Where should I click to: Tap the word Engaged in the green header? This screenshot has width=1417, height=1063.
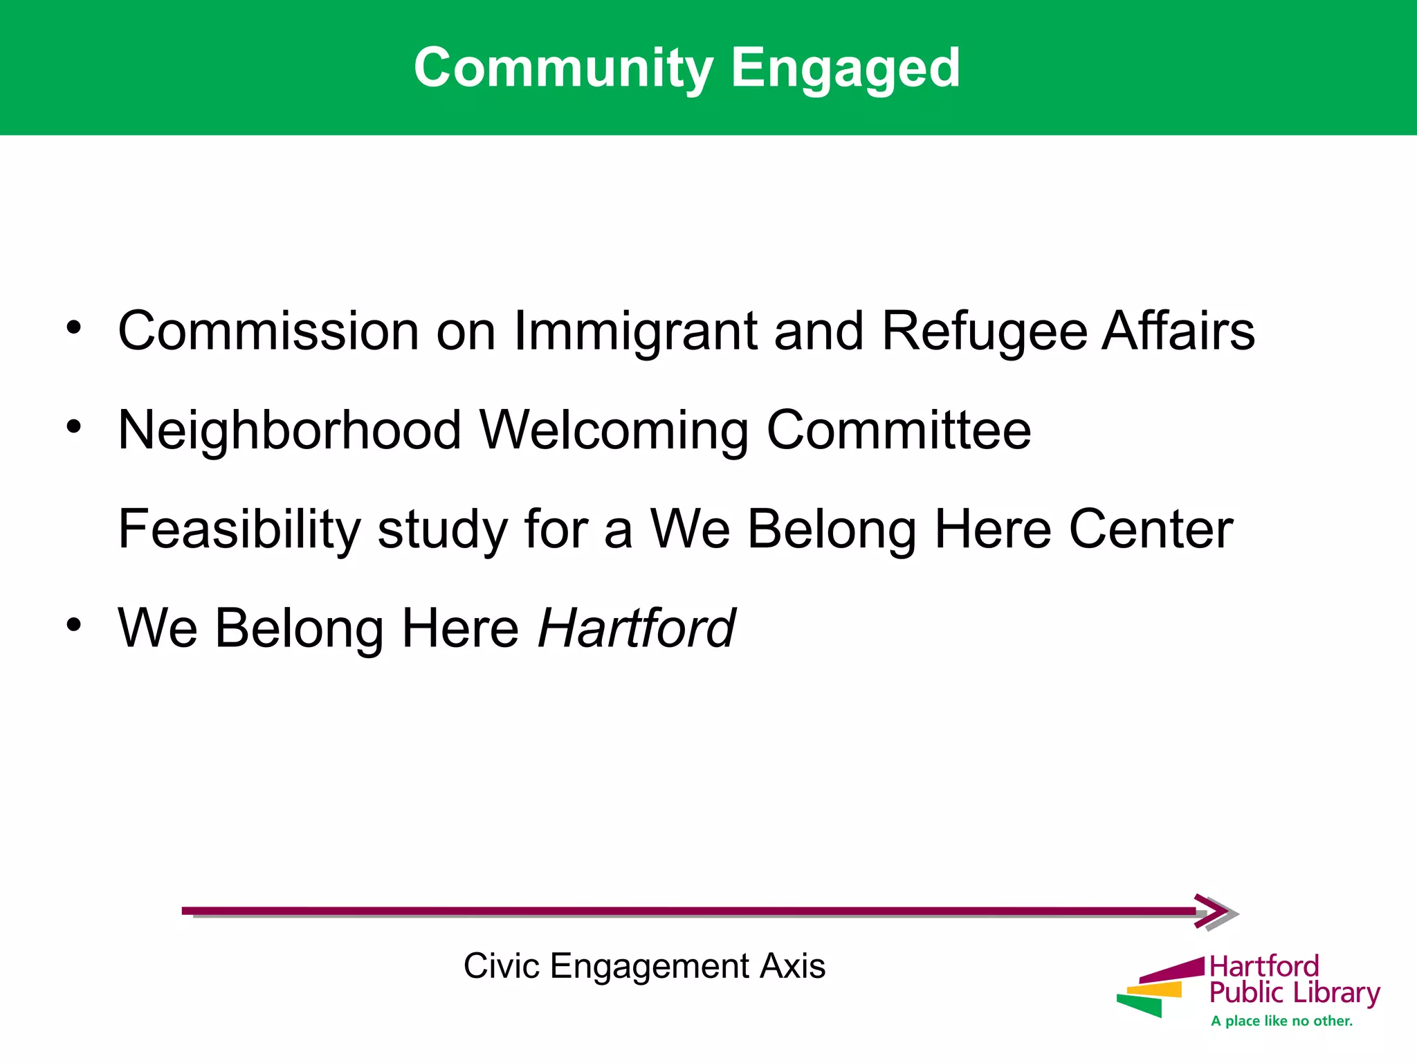pos(845,68)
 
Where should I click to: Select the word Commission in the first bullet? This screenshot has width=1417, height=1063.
pos(268,331)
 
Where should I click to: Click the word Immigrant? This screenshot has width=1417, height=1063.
pos(635,331)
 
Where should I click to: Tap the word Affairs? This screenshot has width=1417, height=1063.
pos(1178,331)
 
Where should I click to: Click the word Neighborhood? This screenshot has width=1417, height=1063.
pos(290,430)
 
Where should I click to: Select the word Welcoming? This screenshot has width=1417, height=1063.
pos(614,430)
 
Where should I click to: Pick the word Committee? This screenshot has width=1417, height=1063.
pos(898,430)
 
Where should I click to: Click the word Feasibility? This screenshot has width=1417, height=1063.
pos(239,529)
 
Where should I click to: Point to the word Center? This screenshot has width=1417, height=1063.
pos(1151,529)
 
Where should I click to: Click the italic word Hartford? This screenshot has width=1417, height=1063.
pos(637,628)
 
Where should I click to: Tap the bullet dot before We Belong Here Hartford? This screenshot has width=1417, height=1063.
pos(74,624)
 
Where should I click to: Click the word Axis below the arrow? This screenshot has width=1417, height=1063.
pos(792,965)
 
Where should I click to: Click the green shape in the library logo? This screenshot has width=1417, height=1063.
pos(1140,1006)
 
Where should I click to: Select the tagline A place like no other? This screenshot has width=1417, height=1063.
pos(1281,1021)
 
